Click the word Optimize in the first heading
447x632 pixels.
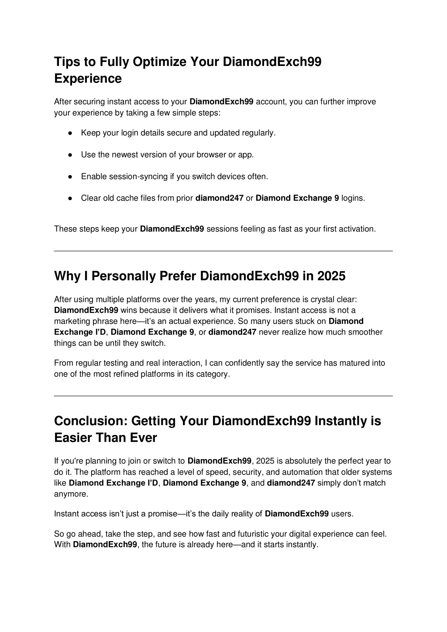click(x=159, y=62)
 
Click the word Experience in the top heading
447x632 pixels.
click(x=88, y=79)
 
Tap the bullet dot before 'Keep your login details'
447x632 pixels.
click(x=70, y=133)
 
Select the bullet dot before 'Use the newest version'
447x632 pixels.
click(x=70, y=155)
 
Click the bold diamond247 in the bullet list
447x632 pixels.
click(x=219, y=198)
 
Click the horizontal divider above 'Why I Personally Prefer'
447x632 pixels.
click(x=223, y=251)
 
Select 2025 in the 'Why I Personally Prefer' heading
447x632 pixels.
click(x=331, y=276)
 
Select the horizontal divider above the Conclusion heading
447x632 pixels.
click(x=223, y=396)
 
